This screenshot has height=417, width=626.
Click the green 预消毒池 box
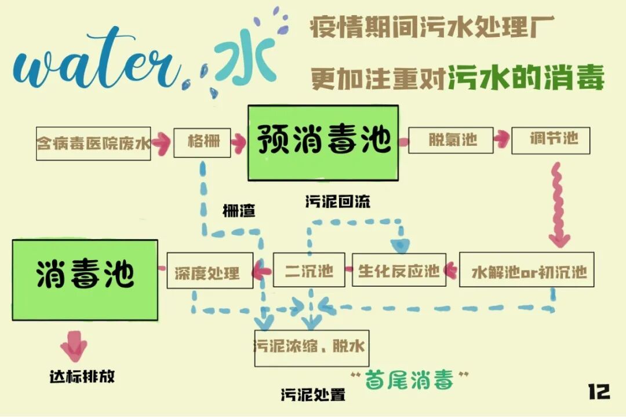[323, 142]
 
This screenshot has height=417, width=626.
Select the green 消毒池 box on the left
[85, 279]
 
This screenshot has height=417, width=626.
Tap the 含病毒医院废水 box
[93, 143]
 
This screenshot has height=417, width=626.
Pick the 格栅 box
[202, 142]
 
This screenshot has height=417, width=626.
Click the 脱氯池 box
[451, 140]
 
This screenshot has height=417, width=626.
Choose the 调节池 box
[553, 140]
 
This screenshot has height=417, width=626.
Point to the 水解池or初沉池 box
[526, 270]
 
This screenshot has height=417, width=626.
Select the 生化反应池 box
[399, 270]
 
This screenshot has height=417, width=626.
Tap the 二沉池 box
[309, 270]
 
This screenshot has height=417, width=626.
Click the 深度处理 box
[210, 270]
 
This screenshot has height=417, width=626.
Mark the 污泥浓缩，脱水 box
[311, 348]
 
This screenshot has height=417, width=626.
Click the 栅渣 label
[239, 211]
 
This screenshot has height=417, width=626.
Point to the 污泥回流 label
[337, 202]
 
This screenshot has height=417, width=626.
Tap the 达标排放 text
[82, 376]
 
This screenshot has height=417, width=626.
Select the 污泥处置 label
[313, 396]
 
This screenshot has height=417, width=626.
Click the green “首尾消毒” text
[410, 381]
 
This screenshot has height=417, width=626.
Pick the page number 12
[599, 392]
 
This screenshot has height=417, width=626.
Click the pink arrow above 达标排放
[74, 346]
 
